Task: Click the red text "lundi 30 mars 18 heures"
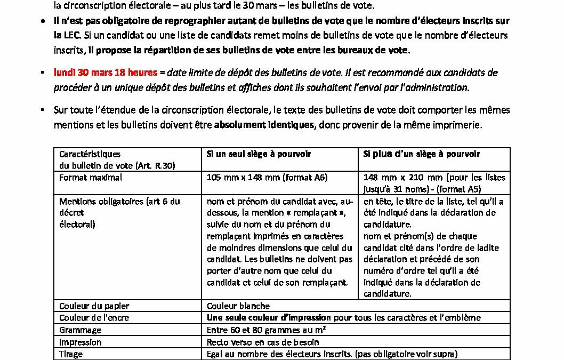coord(105,72)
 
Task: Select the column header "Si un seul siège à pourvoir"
coord(259,154)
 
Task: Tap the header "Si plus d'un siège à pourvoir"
coord(421,154)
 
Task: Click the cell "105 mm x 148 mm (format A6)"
coord(267,177)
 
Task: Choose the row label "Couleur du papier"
coord(94,306)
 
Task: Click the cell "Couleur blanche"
coord(238,306)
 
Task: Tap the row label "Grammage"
coord(80,330)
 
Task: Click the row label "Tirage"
coord(71,354)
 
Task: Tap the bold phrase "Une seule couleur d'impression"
coord(269,317)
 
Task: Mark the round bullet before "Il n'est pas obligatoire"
coord(43,21)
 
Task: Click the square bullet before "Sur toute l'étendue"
coord(43,110)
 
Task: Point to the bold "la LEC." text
coord(67,35)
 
